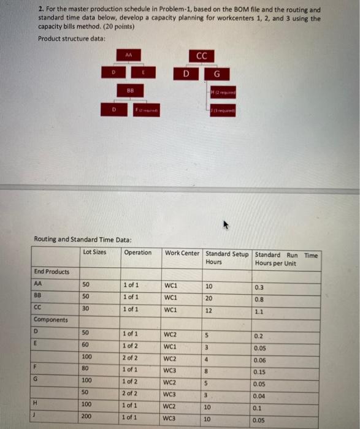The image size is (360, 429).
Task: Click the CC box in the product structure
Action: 202,56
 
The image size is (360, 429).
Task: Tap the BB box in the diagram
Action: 129,89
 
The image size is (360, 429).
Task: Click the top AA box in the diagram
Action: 129,55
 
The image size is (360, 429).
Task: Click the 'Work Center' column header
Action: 182,252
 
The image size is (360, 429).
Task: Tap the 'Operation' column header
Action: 137,252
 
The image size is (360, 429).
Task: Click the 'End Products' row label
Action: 52,271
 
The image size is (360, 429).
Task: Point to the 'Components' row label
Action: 51,320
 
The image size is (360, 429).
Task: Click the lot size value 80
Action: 85,370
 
